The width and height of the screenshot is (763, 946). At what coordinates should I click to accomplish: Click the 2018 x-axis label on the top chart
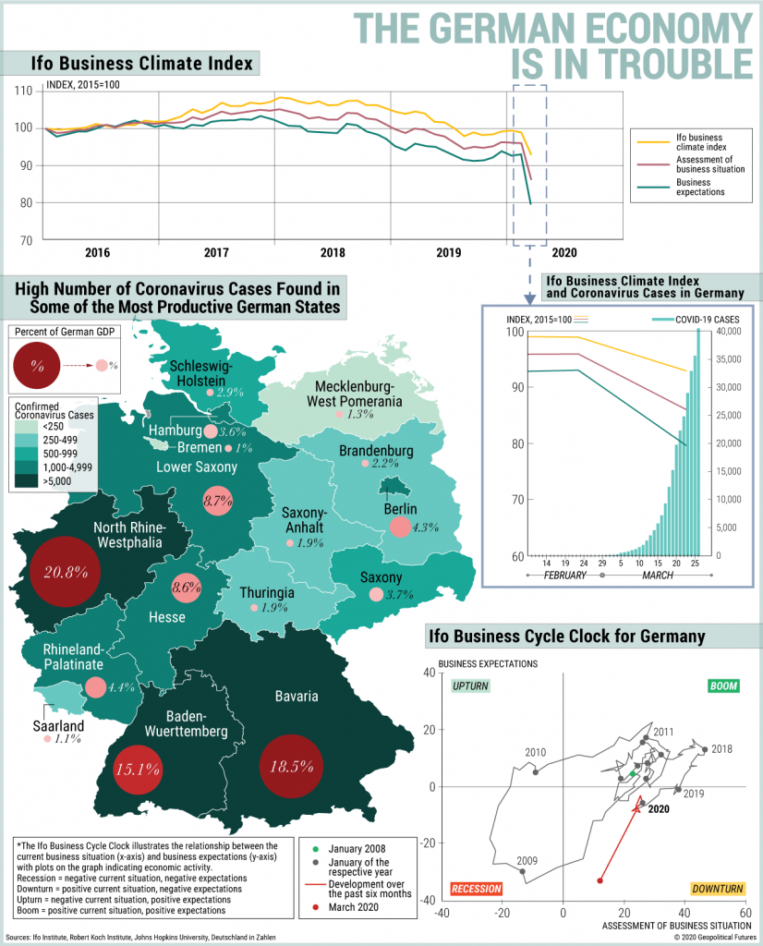333,252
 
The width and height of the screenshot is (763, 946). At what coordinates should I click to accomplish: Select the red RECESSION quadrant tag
476,889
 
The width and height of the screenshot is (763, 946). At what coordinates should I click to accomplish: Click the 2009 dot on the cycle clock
523,871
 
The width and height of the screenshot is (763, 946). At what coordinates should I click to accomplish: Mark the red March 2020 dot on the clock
600,879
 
